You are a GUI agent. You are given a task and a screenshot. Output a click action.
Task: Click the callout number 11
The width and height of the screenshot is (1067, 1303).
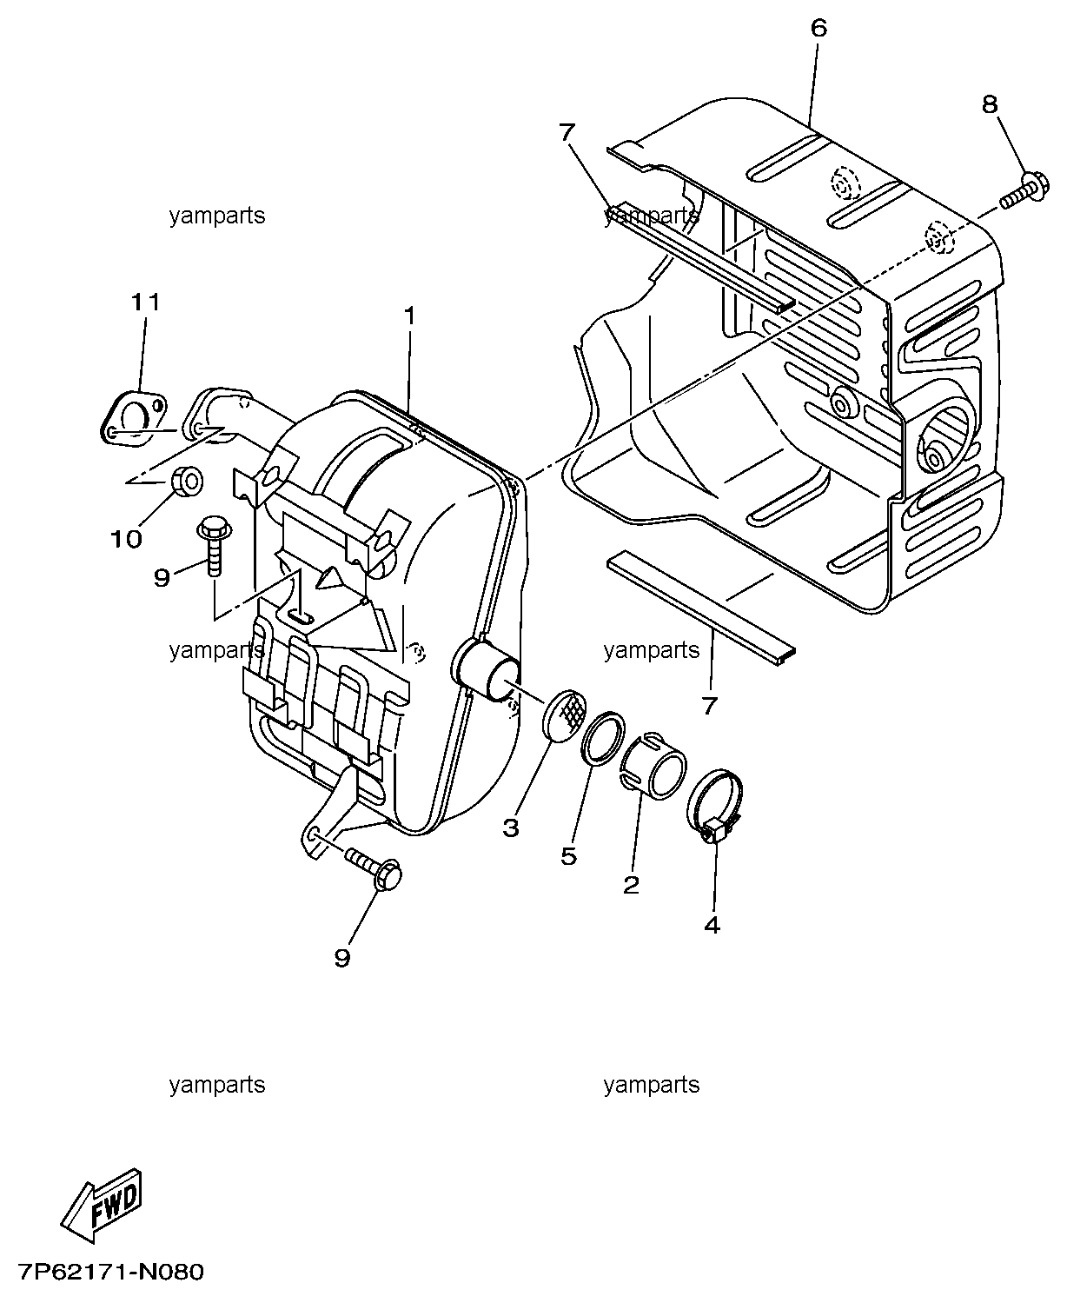coord(145,302)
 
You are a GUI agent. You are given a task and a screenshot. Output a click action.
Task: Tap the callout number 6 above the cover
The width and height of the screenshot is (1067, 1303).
coord(818,28)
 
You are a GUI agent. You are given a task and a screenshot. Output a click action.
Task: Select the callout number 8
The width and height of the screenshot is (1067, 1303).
coord(990,104)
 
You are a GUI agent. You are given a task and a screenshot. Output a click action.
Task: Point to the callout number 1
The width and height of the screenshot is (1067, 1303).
coord(410,316)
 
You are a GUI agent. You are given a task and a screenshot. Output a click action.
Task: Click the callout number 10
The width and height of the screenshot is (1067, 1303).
coord(127,539)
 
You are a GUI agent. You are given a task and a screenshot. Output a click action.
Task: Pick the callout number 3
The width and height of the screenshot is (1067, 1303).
coord(511,828)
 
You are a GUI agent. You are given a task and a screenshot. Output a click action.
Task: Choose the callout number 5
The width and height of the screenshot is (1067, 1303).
coord(569,856)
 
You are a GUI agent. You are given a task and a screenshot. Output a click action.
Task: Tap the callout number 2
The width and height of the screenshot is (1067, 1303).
coord(631,886)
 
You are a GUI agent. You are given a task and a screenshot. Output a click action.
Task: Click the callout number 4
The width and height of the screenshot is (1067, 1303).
coord(712,925)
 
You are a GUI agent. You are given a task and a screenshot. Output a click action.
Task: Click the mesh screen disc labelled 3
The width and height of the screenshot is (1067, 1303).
coord(564,715)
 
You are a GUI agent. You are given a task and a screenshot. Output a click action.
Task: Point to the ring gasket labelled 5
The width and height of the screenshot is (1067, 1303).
coord(602,738)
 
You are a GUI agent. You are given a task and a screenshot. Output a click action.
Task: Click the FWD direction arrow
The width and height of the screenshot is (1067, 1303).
coord(102,1205)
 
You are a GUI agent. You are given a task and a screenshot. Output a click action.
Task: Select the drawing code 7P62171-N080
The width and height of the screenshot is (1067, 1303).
coord(110,1272)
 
